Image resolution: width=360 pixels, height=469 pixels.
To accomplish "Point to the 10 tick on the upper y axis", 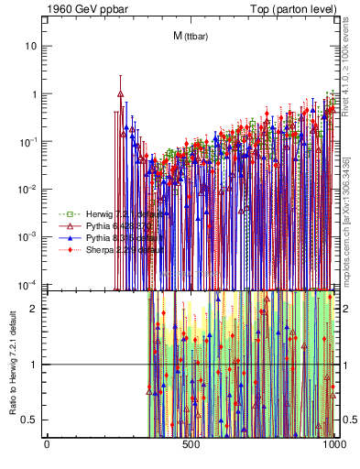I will click(31, 46).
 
